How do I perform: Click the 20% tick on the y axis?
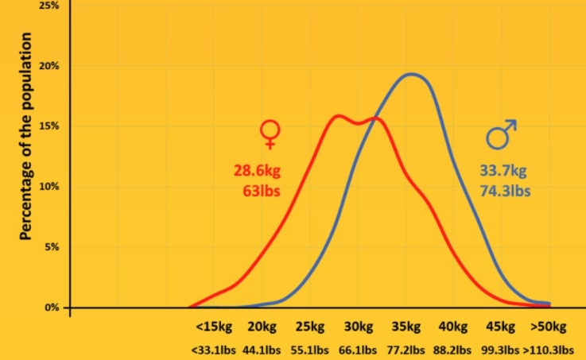point(49,66)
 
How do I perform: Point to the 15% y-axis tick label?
point(49,126)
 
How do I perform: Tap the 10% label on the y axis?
point(49,187)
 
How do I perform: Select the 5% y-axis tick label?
point(51,247)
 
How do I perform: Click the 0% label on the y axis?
point(51,308)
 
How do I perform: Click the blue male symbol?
point(501,134)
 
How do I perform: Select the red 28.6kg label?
point(257,171)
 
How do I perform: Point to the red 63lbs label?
point(262,191)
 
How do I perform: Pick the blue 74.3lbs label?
point(506,191)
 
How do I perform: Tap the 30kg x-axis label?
point(359,327)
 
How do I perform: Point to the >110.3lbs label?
point(549,350)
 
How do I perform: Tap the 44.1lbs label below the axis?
point(262,350)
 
